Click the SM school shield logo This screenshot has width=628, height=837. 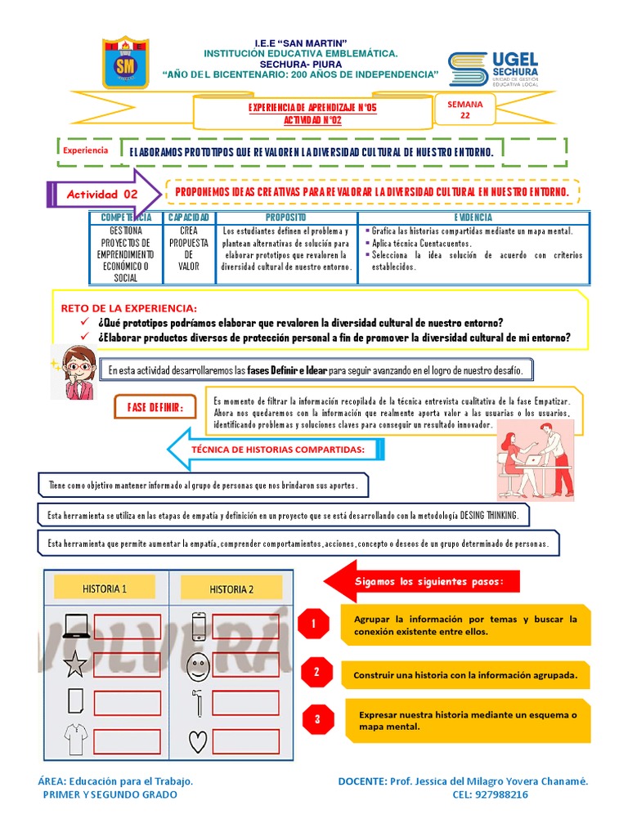click(125, 62)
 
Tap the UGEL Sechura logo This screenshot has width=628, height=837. click(492, 69)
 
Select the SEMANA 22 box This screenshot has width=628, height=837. click(465, 110)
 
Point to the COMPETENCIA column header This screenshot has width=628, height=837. click(126, 217)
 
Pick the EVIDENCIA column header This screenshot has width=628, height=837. click(473, 217)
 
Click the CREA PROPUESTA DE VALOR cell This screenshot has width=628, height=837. click(189, 248)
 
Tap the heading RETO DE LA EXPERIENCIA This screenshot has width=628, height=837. click(129, 308)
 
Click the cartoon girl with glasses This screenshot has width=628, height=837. click(73, 370)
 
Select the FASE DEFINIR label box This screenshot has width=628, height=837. click(155, 407)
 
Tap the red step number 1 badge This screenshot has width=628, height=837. click(313, 625)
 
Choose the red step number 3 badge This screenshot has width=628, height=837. click(317, 719)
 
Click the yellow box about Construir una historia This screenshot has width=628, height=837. click(466, 675)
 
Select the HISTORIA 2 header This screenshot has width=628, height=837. click(231, 589)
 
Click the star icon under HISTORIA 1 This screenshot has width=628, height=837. click(75, 665)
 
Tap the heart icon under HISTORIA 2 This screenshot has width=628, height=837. click(197, 741)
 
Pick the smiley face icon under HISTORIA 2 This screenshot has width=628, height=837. click(197, 665)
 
